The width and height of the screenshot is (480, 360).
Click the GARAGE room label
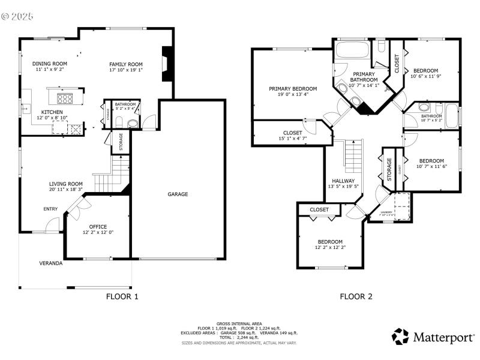coord(178,194)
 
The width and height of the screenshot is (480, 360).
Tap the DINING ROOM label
coord(50,64)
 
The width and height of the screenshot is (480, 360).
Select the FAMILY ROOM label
coord(126,64)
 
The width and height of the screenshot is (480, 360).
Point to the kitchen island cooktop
coord(64,98)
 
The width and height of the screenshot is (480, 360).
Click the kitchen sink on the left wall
coord(26,109)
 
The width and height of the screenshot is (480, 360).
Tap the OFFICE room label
coord(98,227)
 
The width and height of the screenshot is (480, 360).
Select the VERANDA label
coord(51,263)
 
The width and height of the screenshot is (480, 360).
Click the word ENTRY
coord(50,209)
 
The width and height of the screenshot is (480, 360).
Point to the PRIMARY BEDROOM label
coord(293,89)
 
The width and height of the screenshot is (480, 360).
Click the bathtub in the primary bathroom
coord(350,50)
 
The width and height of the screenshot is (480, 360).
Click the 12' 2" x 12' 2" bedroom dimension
coord(330,247)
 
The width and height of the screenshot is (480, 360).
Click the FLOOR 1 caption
coord(122,296)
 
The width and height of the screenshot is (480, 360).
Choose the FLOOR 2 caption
coord(356,296)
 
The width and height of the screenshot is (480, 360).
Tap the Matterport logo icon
coord(400,337)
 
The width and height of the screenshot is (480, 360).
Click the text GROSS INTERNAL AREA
coord(239,323)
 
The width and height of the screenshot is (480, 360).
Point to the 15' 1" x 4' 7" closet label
coord(293,139)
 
